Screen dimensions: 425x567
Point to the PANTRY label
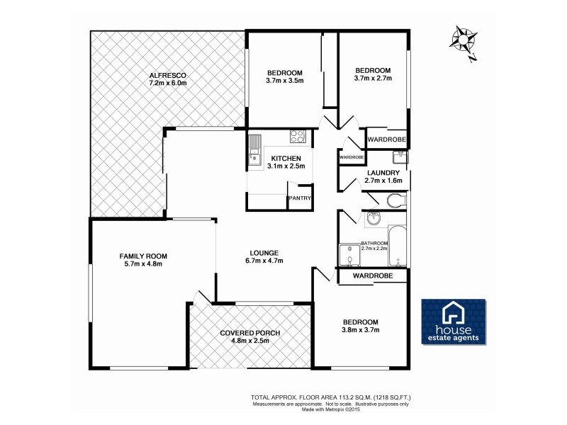pos(298,199)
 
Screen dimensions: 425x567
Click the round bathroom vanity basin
pos(374,220)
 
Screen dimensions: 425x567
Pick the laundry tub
pos(399,157)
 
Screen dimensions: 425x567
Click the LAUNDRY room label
pos(383,173)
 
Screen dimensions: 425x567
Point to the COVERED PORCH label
pos(250,333)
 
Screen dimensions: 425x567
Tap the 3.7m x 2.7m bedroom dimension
pos(373,79)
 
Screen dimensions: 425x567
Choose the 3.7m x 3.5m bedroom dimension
pos(285,81)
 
